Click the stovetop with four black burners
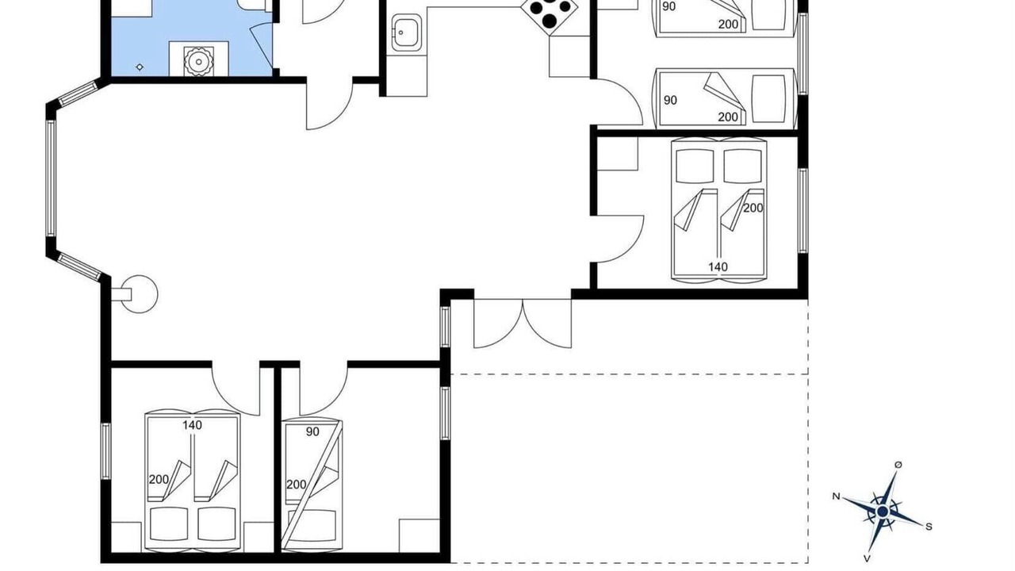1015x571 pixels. pyautogui.click(x=550, y=13)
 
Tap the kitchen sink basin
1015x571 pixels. pyautogui.click(x=407, y=32)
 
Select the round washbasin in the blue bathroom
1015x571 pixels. pyautogui.click(x=198, y=61)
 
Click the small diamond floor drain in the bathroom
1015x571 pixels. pyautogui.click(x=140, y=67)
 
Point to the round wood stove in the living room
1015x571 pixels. pyautogui.click(x=139, y=294)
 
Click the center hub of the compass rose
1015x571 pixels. pyautogui.click(x=882, y=512)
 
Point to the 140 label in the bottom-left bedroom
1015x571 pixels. pyautogui.click(x=192, y=425)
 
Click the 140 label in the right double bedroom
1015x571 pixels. pyautogui.click(x=718, y=267)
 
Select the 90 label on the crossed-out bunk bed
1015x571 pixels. pyautogui.click(x=312, y=432)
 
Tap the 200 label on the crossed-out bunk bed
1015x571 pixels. pyautogui.click(x=297, y=485)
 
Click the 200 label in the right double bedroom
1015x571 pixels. pyautogui.click(x=753, y=208)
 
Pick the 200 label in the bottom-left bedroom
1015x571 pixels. pyautogui.click(x=159, y=480)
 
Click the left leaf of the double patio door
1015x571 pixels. pyautogui.click(x=499, y=324)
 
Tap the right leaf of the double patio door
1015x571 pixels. pyautogui.click(x=547, y=324)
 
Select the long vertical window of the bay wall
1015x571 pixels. pyautogui.click(x=50, y=178)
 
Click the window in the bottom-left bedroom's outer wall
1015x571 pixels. pyautogui.click(x=105, y=451)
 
